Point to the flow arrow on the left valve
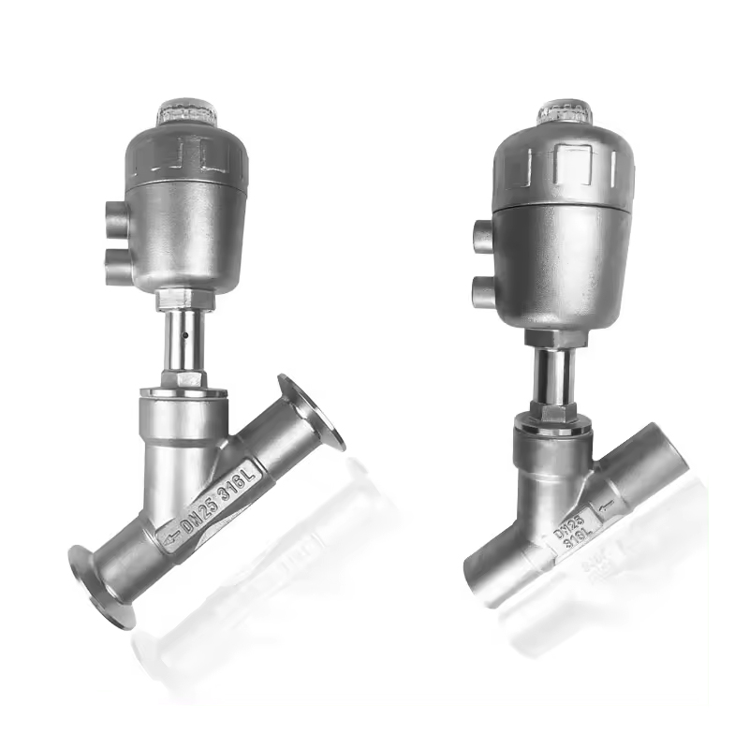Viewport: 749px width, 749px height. click(x=169, y=538)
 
